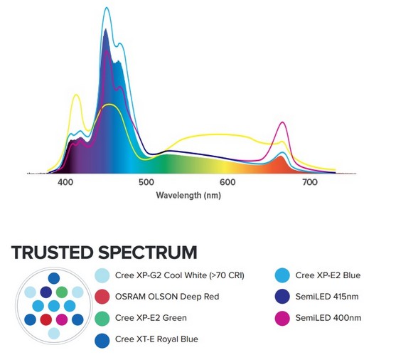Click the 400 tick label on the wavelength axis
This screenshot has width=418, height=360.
tap(65, 182)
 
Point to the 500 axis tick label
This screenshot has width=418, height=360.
tap(146, 182)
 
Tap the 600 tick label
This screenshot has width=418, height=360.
tap(227, 182)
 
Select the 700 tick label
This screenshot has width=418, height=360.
tap(310, 182)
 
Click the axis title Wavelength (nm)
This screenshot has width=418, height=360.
tap(188, 196)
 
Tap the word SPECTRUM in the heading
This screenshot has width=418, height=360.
tap(148, 253)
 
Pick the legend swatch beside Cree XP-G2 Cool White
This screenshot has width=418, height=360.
tap(102, 275)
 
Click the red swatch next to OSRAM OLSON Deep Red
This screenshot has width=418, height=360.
tap(102, 297)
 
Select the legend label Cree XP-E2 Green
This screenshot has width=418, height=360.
tap(151, 318)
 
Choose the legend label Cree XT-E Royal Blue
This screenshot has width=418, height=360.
tap(156, 339)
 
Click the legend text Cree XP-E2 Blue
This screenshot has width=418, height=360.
tap(328, 275)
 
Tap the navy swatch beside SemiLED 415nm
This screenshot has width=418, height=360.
tap(282, 297)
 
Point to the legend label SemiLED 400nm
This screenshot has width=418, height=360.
tap(328, 318)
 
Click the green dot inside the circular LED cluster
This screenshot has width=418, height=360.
tap(62, 292)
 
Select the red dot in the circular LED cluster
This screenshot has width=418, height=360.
tap(45, 319)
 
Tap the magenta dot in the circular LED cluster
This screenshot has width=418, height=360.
tap(62, 319)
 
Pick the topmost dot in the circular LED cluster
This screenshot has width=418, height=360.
tap(54, 278)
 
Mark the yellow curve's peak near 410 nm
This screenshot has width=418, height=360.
tap(77, 95)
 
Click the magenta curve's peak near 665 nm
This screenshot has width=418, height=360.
tap(283, 122)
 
